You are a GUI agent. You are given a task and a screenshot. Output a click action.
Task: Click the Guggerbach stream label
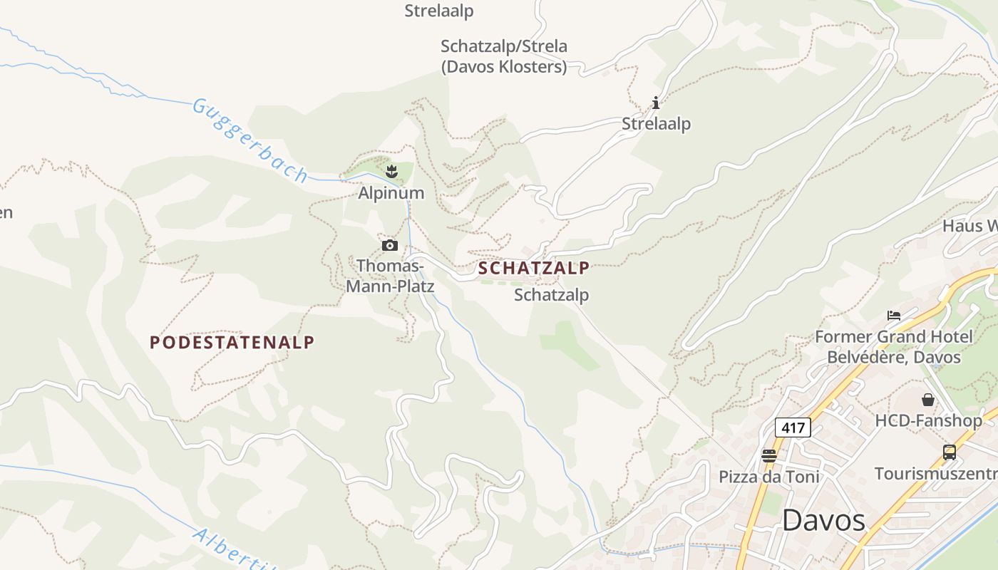[250, 140]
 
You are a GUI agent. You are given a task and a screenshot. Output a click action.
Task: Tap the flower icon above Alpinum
[391, 171]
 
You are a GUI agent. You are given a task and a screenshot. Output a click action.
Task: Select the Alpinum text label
[391, 193]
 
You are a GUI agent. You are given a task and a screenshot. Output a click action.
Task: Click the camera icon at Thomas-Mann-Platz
[389, 246]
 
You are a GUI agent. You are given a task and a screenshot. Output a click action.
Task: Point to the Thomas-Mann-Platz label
[390, 276]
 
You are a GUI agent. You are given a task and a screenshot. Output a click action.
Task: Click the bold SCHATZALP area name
[534, 269]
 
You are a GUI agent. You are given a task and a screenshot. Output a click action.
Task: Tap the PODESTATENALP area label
[232, 342]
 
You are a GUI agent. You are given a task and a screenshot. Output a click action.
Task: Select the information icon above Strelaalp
[656, 103]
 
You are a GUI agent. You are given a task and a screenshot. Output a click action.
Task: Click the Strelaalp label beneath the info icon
[656, 124]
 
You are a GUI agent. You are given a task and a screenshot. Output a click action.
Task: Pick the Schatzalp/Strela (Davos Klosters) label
[504, 56]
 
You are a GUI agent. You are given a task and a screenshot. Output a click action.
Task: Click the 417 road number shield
[793, 427]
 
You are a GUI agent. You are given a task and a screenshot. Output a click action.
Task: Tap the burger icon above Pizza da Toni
[768, 455]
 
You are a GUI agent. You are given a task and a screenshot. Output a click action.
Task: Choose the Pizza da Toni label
[768, 477]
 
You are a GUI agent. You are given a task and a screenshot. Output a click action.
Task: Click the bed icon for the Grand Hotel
[894, 315]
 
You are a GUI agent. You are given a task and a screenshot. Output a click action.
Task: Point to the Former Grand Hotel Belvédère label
[894, 346]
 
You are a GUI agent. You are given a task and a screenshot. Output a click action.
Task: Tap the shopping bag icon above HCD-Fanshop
[928, 400]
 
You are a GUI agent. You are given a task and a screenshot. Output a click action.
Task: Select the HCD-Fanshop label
[928, 421]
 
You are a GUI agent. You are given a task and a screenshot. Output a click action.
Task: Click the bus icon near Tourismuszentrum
[950, 452]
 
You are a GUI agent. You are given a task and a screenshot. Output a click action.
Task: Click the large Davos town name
[823, 520]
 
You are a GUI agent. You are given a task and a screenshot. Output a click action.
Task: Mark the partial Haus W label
[969, 226]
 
